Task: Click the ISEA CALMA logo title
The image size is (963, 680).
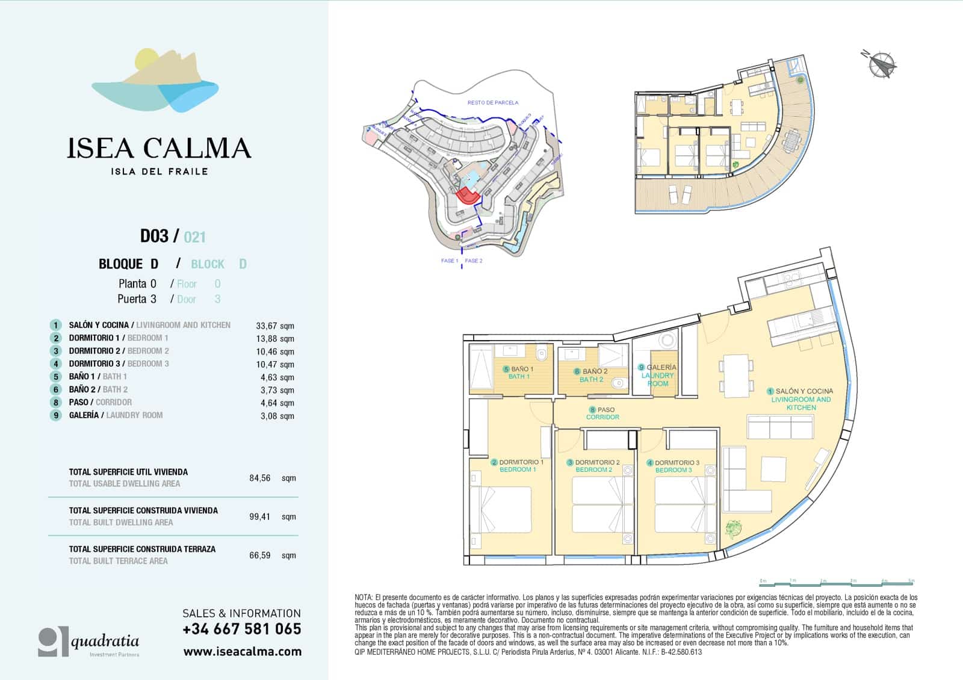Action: coord(158,148)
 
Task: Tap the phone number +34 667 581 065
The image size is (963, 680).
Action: coord(241,629)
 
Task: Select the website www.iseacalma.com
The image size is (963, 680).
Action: coord(242,652)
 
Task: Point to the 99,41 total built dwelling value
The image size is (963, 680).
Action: coord(260,516)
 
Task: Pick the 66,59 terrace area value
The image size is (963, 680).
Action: coord(260,555)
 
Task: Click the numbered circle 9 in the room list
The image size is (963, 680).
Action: coord(56,415)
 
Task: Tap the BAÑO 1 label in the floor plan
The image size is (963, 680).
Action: coord(519,372)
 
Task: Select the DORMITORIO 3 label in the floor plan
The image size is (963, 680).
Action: coord(673,466)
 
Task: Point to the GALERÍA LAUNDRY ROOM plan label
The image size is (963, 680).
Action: coord(658,375)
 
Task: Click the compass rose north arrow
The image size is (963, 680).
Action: coord(882,64)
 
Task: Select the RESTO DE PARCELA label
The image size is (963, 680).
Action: coord(492,103)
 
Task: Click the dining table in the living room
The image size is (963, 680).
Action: coord(736,376)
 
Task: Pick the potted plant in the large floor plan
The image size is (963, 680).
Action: coord(733,529)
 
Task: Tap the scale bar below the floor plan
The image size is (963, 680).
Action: coord(837,582)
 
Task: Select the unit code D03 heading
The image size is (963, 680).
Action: coord(155,236)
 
